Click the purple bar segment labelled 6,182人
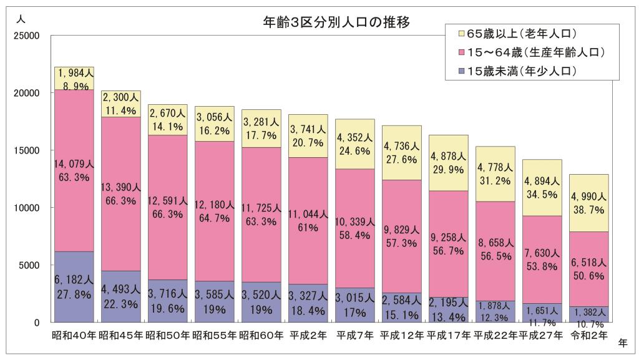(74, 286)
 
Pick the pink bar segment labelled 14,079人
(74, 170)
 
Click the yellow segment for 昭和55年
(215, 124)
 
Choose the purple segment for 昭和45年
(121, 296)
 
